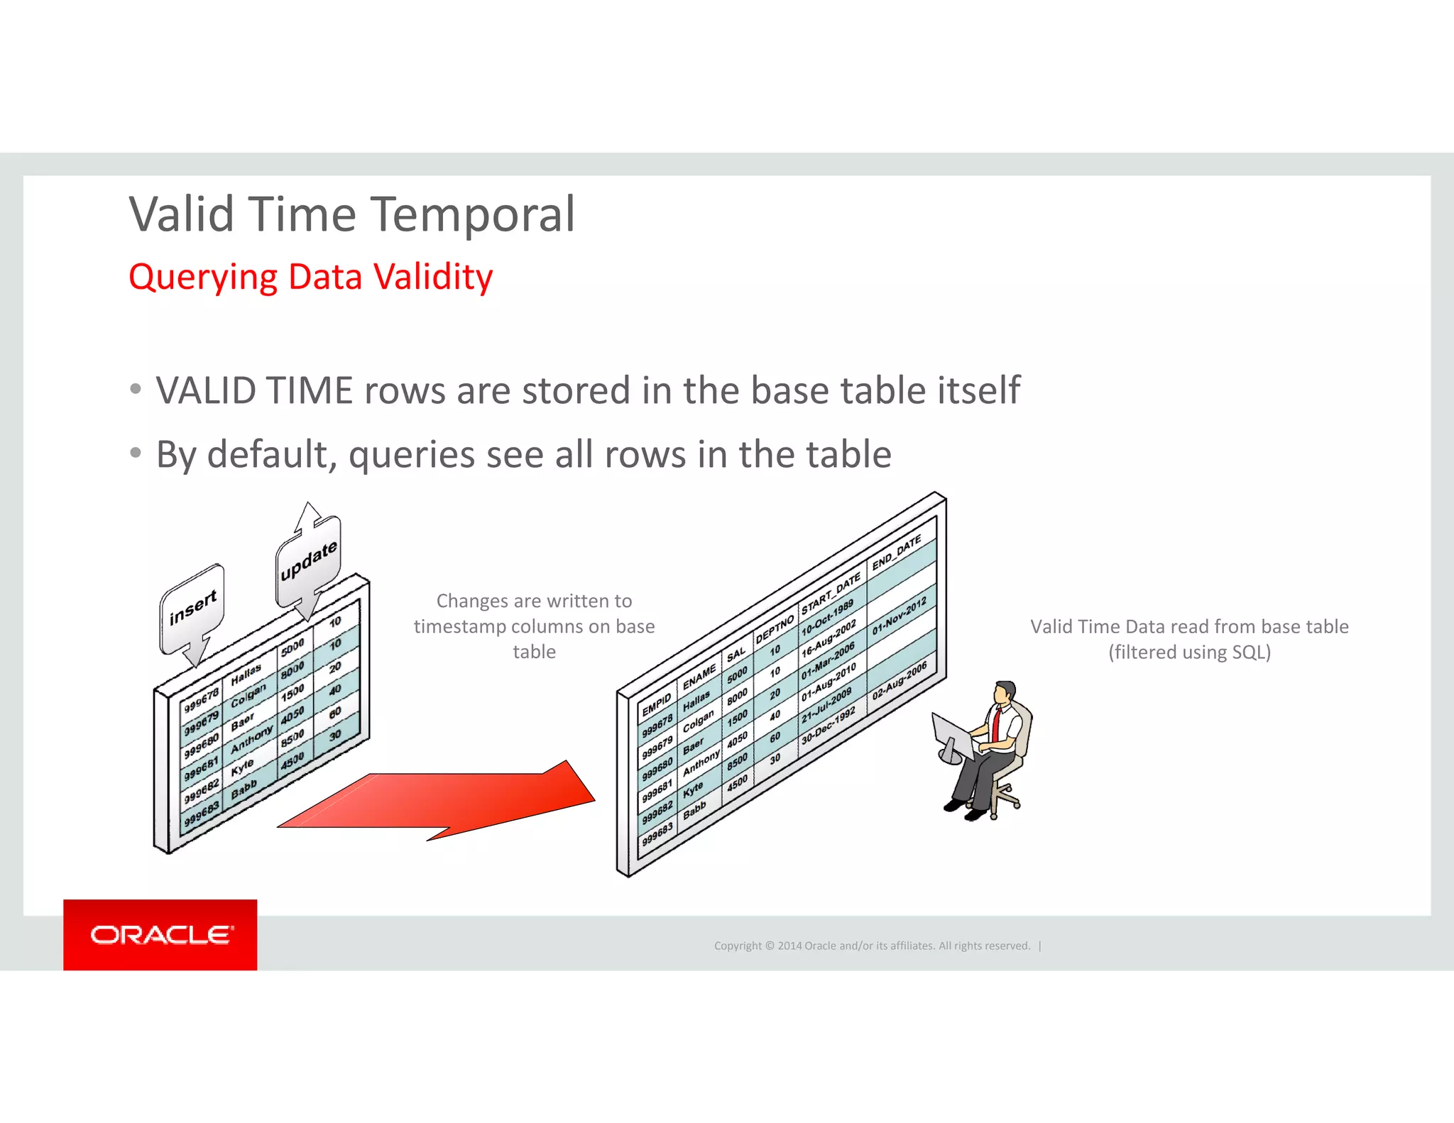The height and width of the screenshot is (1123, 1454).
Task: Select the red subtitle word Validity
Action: pos(433,277)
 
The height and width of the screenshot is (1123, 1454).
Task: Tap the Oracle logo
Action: pos(160,935)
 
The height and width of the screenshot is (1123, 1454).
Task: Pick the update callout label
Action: pos(308,561)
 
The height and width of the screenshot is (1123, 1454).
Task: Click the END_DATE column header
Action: pos(896,552)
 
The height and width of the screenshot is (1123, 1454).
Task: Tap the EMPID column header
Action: pos(657,705)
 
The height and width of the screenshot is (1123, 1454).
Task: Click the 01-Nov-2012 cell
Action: pos(900,615)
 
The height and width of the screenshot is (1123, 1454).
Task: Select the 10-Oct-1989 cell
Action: pos(827,619)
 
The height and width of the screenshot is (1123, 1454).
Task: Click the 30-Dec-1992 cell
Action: pos(828,725)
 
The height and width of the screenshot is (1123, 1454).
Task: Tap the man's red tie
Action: pos(997,723)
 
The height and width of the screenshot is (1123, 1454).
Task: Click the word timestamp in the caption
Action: pos(459,627)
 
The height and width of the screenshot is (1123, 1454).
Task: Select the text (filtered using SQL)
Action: pos(1189,652)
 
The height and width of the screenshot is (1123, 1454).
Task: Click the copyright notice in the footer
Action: pos(872,946)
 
